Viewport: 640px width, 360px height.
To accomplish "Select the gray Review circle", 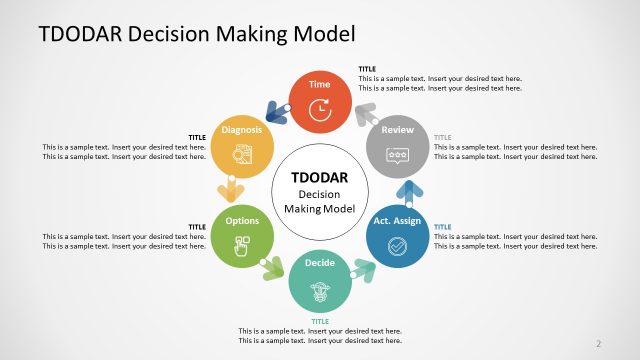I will point(397,147).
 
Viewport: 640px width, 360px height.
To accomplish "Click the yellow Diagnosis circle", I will point(242,147).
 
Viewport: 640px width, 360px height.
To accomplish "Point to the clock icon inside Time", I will point(320,109).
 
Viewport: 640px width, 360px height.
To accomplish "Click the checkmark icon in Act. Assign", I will point(397,245).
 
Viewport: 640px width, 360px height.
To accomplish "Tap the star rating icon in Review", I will point(397,155).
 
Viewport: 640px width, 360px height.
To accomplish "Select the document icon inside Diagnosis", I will point(242,154).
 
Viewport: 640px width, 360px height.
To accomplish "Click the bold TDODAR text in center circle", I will point(319,177).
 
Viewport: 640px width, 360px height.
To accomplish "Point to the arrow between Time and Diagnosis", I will point(276,113).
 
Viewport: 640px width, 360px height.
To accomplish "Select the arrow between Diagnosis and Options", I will point(232,191).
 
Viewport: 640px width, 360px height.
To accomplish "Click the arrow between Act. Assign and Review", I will point(406,191).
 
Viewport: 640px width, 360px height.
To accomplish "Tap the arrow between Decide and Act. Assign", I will point(364,269).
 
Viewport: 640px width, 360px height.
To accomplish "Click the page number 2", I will point(598,343).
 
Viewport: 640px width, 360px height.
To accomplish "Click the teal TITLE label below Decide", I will point(320,321).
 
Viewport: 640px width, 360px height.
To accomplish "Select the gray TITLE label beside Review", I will point(443,137).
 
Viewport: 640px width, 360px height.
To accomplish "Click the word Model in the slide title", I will point(321,34).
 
